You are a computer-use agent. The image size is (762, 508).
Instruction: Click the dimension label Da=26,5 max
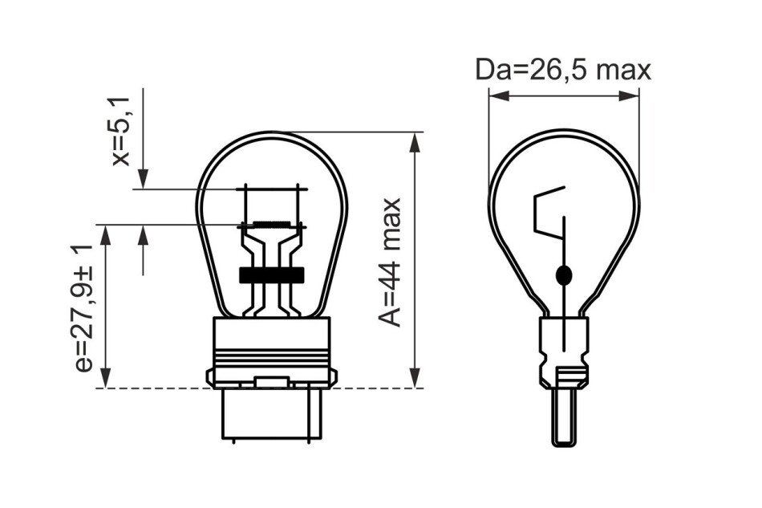(563, 70)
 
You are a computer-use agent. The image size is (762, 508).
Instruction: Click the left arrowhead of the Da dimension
(499, 96)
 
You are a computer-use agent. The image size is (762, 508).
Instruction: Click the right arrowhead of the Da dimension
(629, 96)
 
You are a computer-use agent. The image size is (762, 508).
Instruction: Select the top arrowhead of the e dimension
(105, 235)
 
